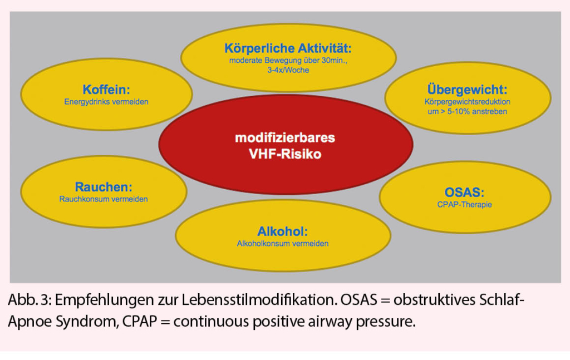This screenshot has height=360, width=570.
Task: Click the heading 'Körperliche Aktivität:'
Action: click(288, 48)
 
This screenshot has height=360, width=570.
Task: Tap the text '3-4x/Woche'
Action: click(288, 70)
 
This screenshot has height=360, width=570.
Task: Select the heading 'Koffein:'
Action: click(106, 90)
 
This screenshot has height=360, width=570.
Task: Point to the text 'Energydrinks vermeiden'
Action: click(106, 102)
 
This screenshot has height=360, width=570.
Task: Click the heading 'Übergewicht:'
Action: click(467, 90)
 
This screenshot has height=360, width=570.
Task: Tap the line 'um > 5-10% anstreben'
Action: click(467, 112)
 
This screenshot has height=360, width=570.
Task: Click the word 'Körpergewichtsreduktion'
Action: click(467, 102)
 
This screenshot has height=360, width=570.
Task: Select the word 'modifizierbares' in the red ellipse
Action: click(285, 137)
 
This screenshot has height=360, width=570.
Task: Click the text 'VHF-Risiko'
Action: click(285, 154)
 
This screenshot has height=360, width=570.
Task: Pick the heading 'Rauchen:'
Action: click(104, 187)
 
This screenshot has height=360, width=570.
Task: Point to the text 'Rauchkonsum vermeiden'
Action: click(104, 199)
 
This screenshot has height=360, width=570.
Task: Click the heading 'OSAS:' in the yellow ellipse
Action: click(464, 193)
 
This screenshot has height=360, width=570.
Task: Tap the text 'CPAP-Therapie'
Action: click(464, 205)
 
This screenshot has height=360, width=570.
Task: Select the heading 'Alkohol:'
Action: click(282, 231)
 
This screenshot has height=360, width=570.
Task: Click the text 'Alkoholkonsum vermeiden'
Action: click(282, 244)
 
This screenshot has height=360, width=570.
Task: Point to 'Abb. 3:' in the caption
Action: click(30, 300)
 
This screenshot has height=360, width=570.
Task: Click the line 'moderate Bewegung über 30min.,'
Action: click(288, 60)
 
